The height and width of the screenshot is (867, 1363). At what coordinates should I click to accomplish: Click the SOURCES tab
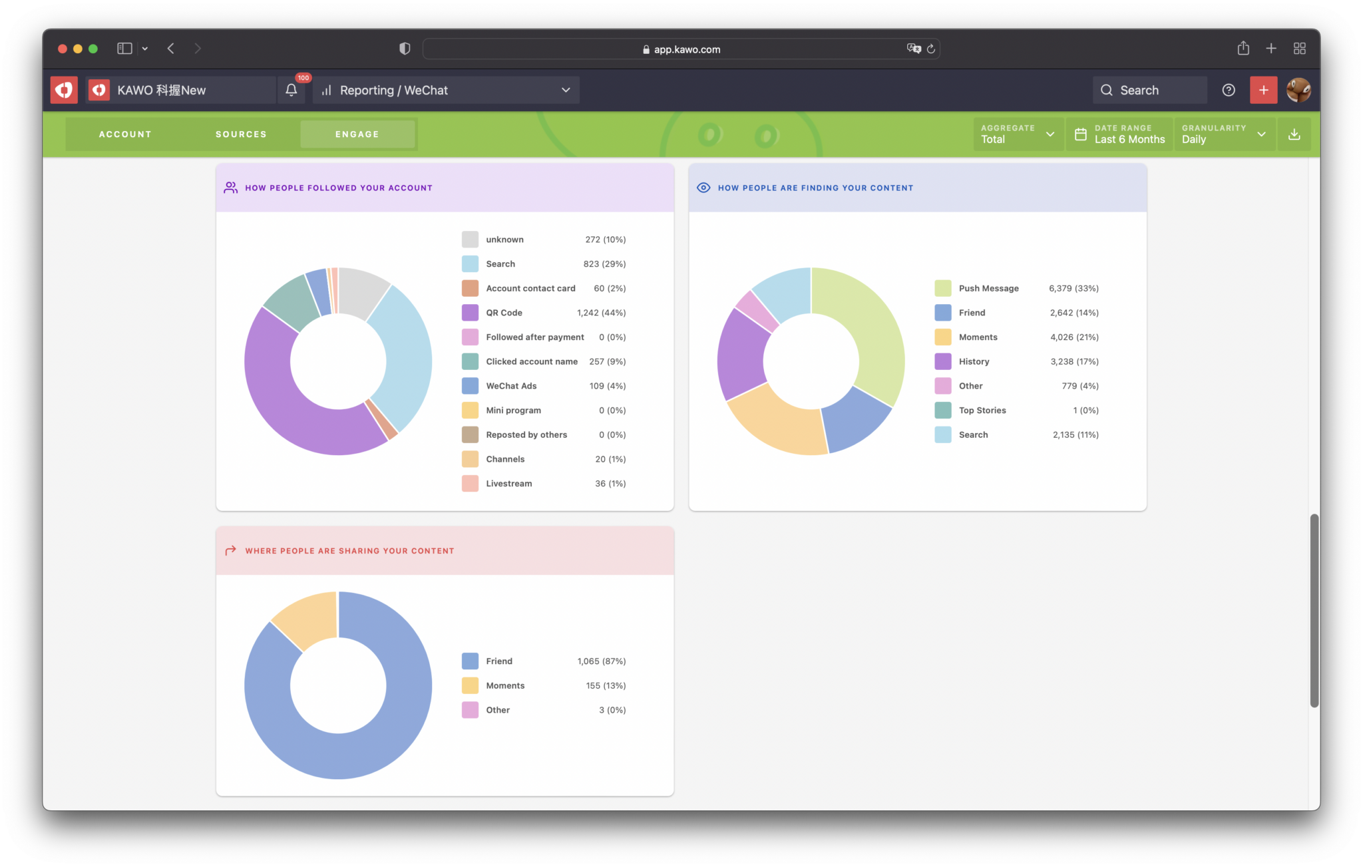coord(241,134)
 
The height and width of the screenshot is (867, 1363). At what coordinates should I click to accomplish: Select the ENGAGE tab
coord(357,134)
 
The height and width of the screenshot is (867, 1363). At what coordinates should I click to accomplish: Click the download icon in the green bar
coord(1294,134)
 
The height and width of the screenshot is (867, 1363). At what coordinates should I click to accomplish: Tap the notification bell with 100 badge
coord(292,90)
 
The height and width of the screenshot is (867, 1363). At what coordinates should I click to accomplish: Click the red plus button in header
coord(1263,90)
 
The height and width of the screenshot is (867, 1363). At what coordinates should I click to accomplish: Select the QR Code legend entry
coord(504,313)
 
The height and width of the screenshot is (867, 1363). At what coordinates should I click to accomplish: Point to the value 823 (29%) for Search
coord(604,264)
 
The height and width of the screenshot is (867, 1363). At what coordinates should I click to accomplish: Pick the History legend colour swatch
coord(942,361)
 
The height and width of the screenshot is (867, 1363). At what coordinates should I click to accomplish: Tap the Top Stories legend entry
coord(982,411)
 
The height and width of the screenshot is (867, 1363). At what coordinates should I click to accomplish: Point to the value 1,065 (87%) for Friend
coord(601,661)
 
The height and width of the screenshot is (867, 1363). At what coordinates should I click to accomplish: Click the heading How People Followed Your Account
coord(338,188)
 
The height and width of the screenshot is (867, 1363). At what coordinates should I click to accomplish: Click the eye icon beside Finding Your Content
coord(703,188)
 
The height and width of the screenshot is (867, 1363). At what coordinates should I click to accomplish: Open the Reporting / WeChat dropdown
coord(446,90)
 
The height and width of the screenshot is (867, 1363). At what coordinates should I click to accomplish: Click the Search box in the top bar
coord(1149,90)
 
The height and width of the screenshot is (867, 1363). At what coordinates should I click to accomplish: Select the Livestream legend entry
coord(508,484)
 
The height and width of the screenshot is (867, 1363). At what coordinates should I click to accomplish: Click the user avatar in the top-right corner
coord(1298,90)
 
